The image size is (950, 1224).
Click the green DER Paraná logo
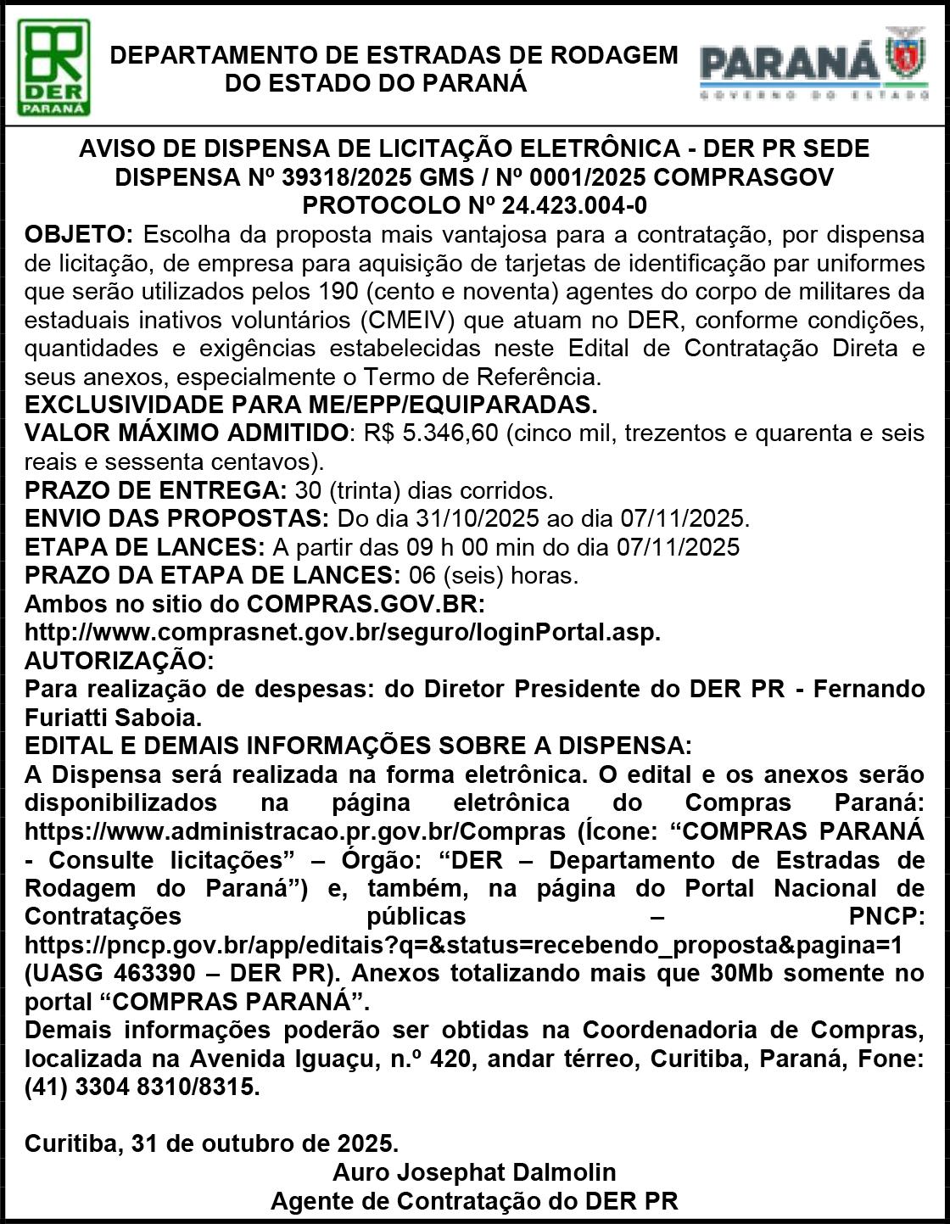pyautogui.click(x=54, y=68)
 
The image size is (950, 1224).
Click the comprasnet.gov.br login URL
pyautogui.click(x=342, y=633)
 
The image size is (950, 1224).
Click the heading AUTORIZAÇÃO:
pyautogui.click(x=120, y=661)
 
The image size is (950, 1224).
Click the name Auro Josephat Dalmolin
pyautogui.click(x=474, y=1173)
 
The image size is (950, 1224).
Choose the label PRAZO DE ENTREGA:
pyautogui.click(x=156, y=490)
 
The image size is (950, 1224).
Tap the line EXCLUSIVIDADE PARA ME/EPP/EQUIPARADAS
pyautogui.click(x=311, y=405)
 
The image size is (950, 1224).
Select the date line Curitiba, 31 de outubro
pyautogui.click(x=211, y=1143)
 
